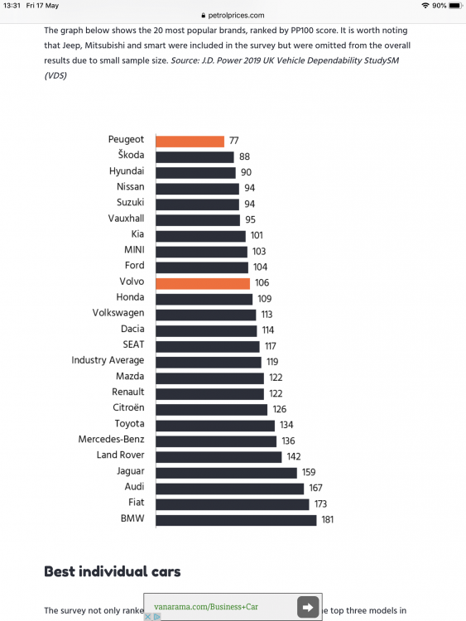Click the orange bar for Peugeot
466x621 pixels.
point(190,142)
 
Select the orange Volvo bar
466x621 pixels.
point(203,283)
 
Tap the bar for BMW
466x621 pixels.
point(236,520)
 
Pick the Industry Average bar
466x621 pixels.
point(209,363)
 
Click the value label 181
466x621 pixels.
point(328,520)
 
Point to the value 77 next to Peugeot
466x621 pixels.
point(234,141)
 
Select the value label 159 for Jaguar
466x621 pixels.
point(309,472)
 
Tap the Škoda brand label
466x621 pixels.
point(131,155)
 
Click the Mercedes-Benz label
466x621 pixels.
point(111,439)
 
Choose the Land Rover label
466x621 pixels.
point(120,455)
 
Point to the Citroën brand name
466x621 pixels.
point(128,407)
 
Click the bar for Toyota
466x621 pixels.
point(215,426)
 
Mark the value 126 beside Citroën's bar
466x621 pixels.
point(280,409)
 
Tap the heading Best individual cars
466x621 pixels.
point(113,571)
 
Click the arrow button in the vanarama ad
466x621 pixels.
point(308,607)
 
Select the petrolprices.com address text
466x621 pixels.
point(236,16)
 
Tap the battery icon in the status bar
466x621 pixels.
point(455,6)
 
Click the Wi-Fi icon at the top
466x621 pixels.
point(425,6)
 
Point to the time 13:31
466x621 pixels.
point(12,6)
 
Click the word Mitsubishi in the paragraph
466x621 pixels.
point(105,46)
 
